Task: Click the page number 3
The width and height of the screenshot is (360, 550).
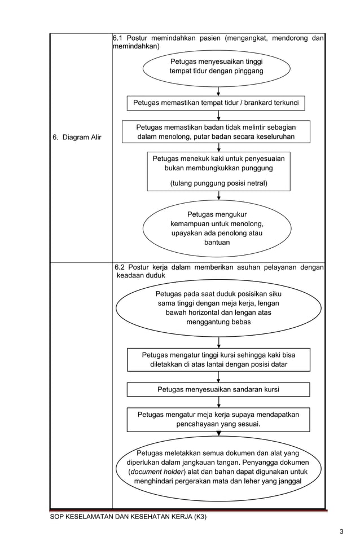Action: pyautogui.click(x=341, y=531)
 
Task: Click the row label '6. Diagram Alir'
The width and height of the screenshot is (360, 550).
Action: pyautogui.click(x=77, y=137)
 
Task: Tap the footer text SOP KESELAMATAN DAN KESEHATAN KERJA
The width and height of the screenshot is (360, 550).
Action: pyautogui.click(x=129, y=517)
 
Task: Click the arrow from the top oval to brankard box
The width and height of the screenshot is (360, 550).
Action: pyautogui.click(x=218, y=91)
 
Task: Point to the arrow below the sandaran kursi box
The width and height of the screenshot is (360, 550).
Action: pyautogui.click(x=218, y=402)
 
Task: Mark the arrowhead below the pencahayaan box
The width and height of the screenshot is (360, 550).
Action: pyautogui.click(x=218, y=434)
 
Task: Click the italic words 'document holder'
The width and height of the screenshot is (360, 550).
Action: pyautogui.click(x=156, y=472)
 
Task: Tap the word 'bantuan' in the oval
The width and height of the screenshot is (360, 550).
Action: pyautogui.click(x=217, y=243)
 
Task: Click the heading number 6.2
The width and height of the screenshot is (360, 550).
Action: pyautogui.click(x=119, y=267)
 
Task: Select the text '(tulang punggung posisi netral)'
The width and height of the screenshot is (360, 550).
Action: pyautogui.click(x=218, y=183)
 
